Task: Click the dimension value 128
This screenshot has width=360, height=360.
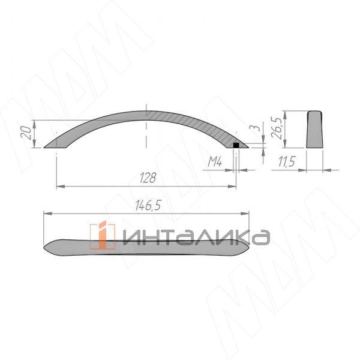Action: (148, 178)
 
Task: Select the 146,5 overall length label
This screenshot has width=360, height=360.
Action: (148, 205)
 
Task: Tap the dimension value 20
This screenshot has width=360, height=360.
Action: (26, 133)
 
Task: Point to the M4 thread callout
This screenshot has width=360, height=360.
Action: (215, 161)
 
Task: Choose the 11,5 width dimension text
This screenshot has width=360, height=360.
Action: (286, 161)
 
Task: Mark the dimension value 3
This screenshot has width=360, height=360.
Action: (258, 128)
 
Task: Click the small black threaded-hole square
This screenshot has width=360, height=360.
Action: (236, 145)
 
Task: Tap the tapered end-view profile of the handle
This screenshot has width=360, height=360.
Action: (315, 130)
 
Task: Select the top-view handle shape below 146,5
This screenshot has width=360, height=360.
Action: (146, 248)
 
